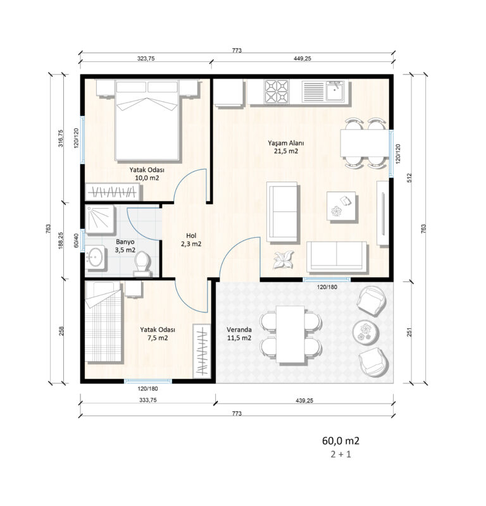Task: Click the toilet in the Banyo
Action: [142, 264]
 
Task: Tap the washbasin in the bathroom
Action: [96, 257]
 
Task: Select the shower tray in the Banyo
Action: [100, 219]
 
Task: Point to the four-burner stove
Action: [277, 91]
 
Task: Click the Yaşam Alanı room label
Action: [286, 147]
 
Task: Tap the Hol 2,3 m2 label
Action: [191, 240]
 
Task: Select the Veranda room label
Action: [239, 334]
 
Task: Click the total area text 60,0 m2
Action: [340, 441]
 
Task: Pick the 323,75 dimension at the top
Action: [146, 58]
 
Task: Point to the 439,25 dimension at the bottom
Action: [304, 400]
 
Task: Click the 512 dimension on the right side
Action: [409, 178]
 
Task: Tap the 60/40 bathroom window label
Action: [76, 240]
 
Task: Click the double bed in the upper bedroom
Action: [147, 120]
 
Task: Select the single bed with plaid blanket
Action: [103, 322]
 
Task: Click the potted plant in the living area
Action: [284, 260]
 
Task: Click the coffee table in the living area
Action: [341, 206]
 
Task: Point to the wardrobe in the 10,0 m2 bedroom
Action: [113, 192]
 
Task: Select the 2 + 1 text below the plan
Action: [340, 454]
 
